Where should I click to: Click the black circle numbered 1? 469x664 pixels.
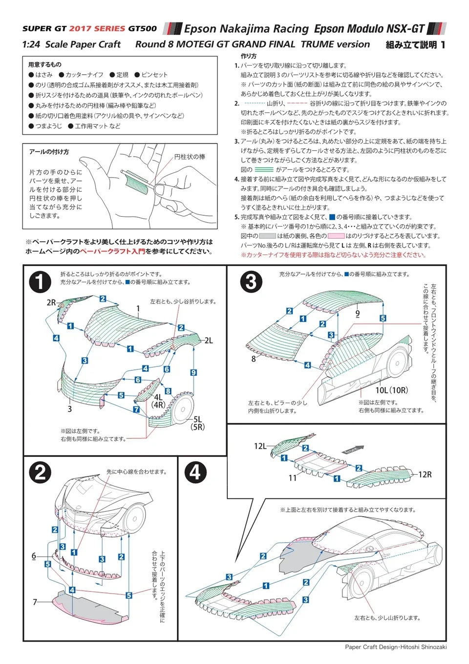click(40, 282)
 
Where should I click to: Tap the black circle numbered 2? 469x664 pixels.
click(40, 473)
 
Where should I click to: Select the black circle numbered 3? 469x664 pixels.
click(251, 282)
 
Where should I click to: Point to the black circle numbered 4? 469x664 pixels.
click(195, 473)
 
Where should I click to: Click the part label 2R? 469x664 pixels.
click(51, 302)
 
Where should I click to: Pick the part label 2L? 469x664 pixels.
click(209, 341)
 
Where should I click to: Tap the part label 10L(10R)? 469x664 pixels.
click(391, 390)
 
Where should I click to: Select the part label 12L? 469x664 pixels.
click(260, 446)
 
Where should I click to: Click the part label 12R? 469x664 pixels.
click(425, 474)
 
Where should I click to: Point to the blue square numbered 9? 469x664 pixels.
click(193, 373)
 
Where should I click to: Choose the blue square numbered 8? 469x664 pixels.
click(168, 391)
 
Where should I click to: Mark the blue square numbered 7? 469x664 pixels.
click(137, 410)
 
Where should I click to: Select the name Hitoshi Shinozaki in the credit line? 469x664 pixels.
click(424, 647)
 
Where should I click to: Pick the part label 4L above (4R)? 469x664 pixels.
click(158, 397)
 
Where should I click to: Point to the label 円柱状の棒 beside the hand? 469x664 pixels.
click(190, 157)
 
